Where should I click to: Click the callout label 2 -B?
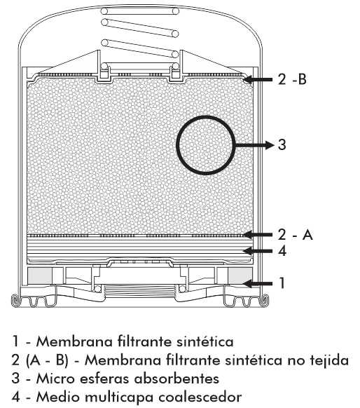292,79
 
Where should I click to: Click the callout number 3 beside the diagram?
282,144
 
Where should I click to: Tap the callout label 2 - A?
295,235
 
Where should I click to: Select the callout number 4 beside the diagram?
282,251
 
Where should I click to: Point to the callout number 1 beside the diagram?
282,283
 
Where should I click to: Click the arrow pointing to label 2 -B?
258,79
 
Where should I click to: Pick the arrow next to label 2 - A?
258,235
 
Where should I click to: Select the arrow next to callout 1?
258,283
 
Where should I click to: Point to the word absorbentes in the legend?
176,379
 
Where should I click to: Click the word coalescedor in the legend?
200,397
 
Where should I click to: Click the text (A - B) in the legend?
47,360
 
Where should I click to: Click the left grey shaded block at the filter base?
40,276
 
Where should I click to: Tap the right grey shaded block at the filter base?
240,276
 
